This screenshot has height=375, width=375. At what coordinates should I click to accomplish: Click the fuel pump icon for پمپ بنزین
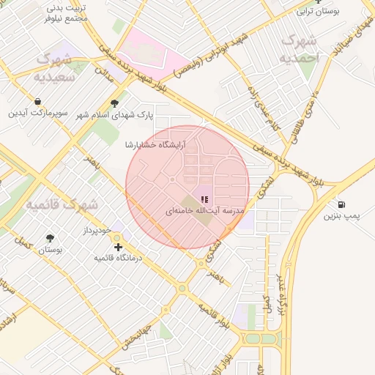(x=342, y=204)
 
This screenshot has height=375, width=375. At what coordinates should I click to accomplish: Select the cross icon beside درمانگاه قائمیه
(x=118, y=248)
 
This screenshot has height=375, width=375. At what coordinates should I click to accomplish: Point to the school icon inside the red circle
(x=204, y=198)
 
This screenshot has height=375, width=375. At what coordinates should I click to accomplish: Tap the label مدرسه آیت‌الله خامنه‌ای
(x=204, y=211)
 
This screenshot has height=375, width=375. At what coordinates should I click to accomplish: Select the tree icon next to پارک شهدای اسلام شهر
(x=114, y=104)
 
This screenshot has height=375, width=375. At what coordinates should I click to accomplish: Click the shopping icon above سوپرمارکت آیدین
(x=37, y=101)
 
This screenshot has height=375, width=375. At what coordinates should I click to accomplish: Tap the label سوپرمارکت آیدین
(x=38, y=114)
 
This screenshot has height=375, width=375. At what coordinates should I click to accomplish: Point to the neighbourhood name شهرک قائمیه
(x=62, y=204)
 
